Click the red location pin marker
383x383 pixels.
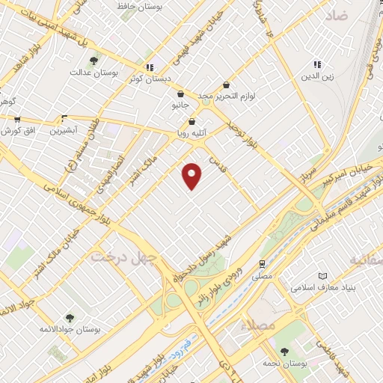click(192, 175)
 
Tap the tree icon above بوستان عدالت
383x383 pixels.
click(93, 61)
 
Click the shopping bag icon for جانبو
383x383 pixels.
click(182, 94)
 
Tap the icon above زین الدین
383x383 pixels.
click(316, 65)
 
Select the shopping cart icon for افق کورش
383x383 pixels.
click(16, 119)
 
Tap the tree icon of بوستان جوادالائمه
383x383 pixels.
click(70, 319)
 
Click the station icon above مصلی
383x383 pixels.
click(262, 263)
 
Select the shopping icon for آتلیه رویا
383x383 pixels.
click(192, 121)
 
